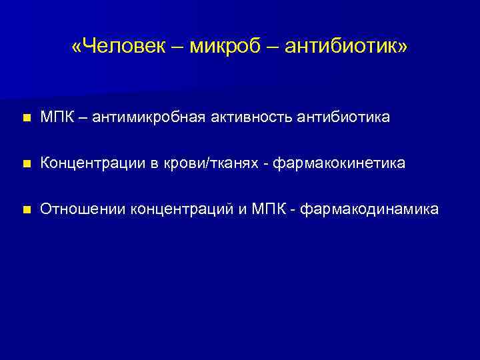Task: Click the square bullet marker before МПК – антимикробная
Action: click(25, 119)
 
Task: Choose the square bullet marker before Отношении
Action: click(25, 211)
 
